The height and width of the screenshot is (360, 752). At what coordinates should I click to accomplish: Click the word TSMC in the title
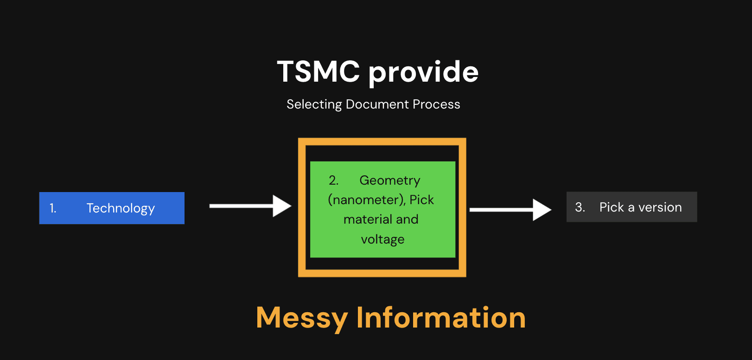(x=318, y=72)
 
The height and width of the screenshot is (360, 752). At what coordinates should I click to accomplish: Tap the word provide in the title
(x=423, y=73)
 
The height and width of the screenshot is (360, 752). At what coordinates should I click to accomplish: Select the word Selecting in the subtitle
(x=314, y=104)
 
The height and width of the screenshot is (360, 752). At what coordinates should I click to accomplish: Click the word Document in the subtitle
(x=377, y=104)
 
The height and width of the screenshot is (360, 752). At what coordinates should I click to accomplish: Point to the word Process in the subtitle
(x=436, y=104)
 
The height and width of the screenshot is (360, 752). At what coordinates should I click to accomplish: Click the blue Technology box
(x=112, y=208)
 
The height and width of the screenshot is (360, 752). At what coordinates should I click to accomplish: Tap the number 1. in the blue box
(x=53, y=208)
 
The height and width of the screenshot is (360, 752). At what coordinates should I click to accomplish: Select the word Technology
(x=121, y=208)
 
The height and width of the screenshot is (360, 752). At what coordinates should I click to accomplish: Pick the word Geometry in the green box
(x=389, y=180)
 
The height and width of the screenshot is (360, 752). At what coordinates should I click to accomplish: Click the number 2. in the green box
(x=333, y=180)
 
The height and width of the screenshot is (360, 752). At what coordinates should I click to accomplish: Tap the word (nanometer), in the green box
(x=367, y=200)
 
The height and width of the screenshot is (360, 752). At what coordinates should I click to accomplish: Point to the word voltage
(x=382, y=239)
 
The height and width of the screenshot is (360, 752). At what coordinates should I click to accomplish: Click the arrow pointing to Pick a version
(x=510, y=210)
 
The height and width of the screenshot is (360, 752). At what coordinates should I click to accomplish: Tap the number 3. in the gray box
(x=580, y=207)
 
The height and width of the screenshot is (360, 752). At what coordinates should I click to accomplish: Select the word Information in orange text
(x=441, y=318)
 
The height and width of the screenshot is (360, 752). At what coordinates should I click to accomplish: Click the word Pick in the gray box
(x=612, y=207)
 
